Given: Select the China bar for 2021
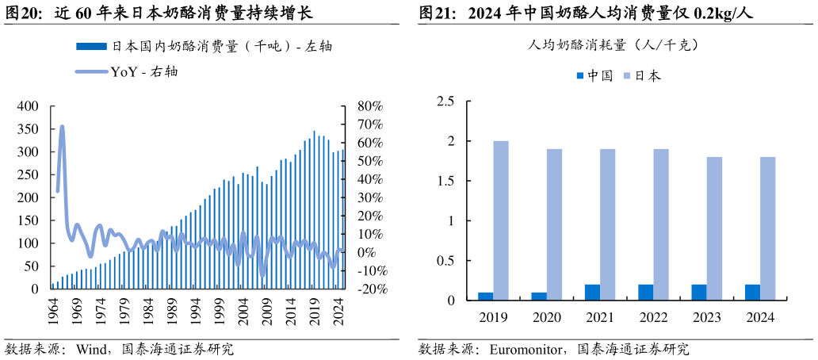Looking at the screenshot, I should [592, 292].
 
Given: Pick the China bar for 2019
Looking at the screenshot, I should [485, 296].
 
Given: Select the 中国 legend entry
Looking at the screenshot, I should [594, 76].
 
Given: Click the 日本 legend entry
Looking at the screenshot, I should [642, 76].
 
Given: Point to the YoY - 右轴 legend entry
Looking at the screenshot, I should [127, 72].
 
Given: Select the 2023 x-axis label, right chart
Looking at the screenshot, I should [707, 317].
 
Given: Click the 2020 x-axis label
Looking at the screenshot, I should [547, 317].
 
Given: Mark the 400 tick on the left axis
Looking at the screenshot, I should [28, 106].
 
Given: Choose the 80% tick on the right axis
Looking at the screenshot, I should [370, 106].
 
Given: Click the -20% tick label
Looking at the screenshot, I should [373, 289].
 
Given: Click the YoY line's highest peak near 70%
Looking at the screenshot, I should [62, 127].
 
